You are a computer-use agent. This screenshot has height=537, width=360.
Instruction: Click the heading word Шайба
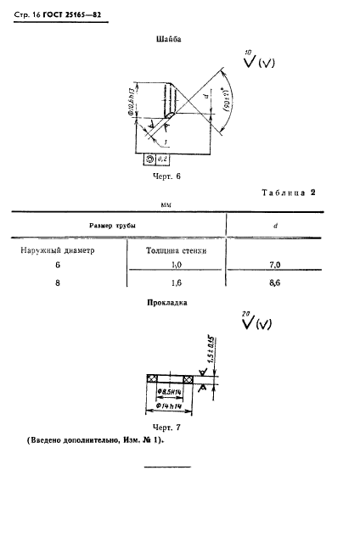(168, 39)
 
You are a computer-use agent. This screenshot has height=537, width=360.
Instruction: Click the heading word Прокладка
(168, 302)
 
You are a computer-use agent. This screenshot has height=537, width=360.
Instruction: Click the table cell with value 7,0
(273, 266)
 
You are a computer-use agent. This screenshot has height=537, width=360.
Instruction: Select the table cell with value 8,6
(273, 283)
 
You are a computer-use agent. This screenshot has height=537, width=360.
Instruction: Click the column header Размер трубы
(115, 226)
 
